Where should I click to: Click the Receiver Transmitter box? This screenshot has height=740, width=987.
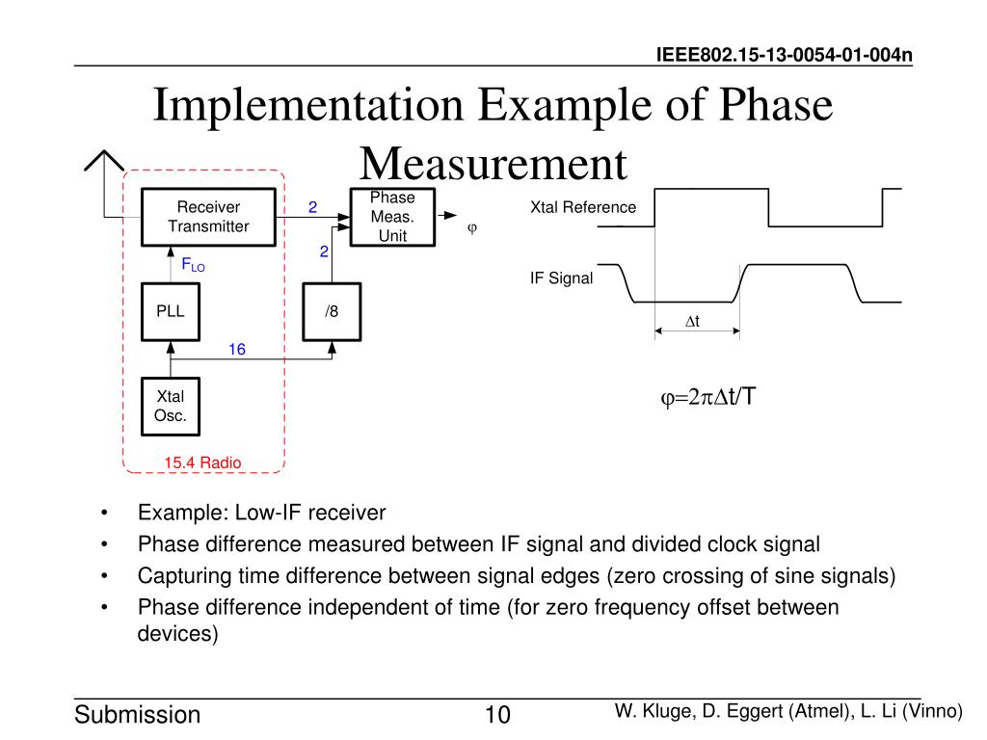[208, 217]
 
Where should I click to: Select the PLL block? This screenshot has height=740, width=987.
[171, 311]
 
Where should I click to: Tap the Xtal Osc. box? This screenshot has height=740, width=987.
[171, 406]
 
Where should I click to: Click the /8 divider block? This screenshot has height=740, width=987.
[332, 311]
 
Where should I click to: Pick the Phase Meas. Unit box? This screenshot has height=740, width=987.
[392, 217]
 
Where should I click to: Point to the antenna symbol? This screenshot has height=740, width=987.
[104, 166]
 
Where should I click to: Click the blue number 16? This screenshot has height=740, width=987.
[237, 350]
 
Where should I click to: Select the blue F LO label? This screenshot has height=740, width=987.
[194, 264]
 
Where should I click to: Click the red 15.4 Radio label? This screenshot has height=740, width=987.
[202, 463]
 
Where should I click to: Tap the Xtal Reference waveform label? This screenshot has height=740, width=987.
[583, 207]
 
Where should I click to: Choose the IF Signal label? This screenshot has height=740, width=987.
[561, 279]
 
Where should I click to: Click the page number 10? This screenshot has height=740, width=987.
[496, 715]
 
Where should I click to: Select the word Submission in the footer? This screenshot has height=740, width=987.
[138, 715]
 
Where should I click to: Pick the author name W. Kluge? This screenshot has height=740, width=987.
[651, 711]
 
